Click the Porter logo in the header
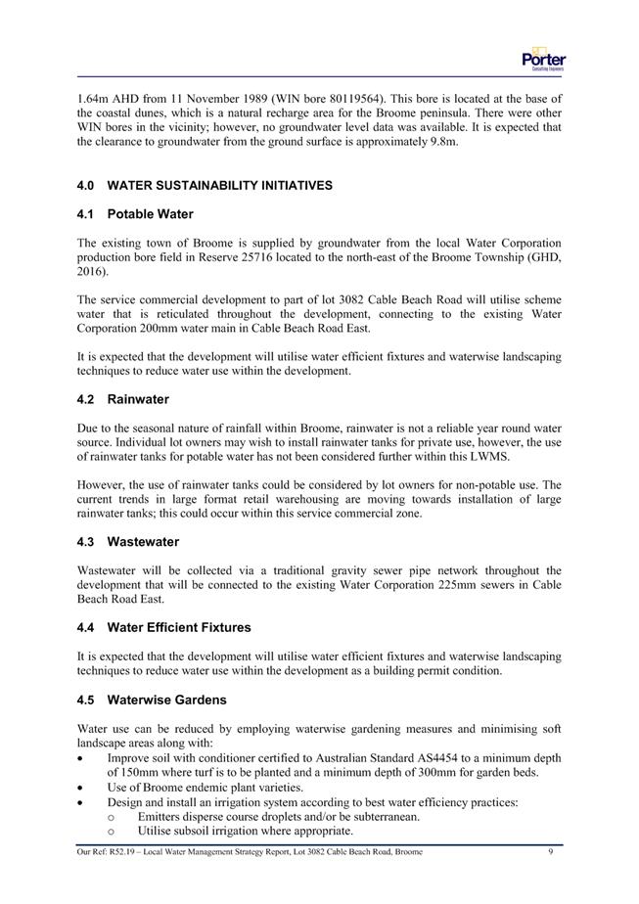(544, 58)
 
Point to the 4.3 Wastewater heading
(130, 541)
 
